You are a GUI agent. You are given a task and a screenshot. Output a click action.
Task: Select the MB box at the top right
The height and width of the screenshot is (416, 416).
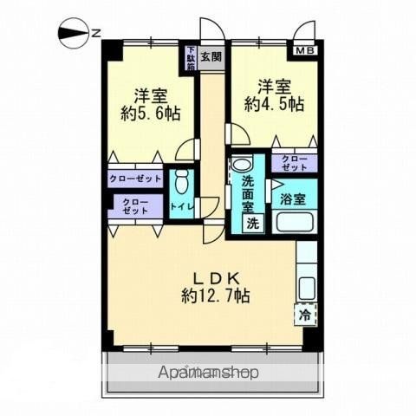coord(306,51)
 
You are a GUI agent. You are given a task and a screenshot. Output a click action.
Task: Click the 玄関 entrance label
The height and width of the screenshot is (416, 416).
coord(211,57)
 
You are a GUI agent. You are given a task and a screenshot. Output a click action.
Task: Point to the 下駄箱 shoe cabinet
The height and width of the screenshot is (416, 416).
coord(190,57)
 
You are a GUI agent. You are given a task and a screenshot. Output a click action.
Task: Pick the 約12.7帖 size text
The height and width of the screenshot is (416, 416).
coord(216,296)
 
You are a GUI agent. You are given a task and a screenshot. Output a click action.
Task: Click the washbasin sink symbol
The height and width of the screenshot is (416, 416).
coord(243,164)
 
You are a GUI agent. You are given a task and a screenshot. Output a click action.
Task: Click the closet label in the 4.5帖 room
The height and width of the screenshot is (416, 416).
coord(294,163)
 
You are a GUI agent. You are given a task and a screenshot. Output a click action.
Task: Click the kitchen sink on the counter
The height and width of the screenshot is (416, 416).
coord(307,287)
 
